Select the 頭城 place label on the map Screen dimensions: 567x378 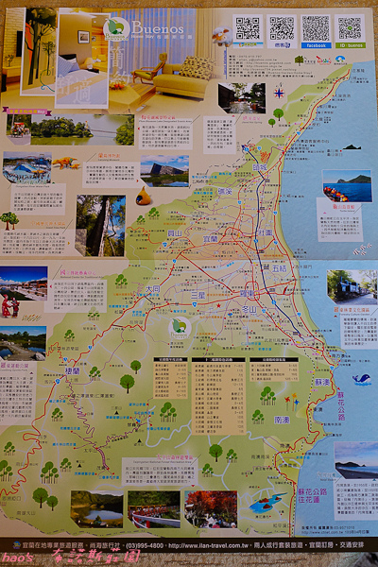(260, 168)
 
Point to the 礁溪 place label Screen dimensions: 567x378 (226, 191)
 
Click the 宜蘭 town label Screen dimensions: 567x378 (210, 239)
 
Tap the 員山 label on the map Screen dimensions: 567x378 (174, 232)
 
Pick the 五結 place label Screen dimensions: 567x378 (282, 268)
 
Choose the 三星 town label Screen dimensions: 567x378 (198, 295)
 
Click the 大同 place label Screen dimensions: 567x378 (152, 290)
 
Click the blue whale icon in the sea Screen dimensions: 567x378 (360, 379)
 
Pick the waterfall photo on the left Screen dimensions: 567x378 (100, 225)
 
